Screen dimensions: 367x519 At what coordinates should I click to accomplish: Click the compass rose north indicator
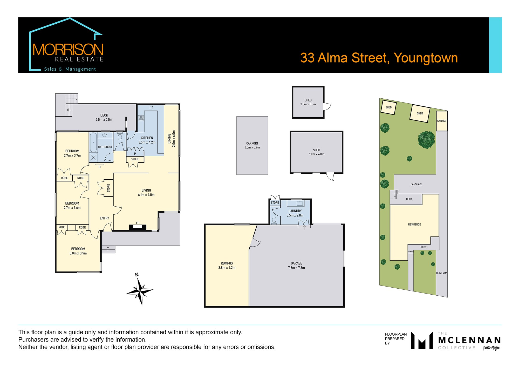point(137,275)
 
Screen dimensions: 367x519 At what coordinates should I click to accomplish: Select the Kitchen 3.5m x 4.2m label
point(147,140)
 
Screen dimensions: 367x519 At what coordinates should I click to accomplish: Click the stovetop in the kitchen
point(141,118)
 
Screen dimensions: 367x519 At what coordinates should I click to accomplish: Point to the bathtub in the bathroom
point(93,142)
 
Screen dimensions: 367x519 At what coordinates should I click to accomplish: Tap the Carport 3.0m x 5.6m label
point(252,145)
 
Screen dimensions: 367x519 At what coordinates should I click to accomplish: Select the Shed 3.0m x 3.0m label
point(308,102)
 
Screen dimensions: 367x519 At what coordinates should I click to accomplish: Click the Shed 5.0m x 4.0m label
point(316,152)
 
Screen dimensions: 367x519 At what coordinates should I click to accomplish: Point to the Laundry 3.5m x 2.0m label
point(295,213)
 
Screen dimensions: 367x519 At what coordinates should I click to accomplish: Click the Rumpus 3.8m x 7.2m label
point(227,266)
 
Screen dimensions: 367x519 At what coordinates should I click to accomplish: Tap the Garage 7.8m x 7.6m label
point(296,266)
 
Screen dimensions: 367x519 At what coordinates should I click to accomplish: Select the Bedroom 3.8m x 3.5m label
point(78,251)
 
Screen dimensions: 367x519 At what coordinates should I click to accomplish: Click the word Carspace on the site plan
point(416,184)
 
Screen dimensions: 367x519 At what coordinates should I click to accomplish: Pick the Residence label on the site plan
point(414,225)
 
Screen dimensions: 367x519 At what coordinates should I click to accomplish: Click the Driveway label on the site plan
point(442,273)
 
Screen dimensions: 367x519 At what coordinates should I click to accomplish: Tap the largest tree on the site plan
point(426,140)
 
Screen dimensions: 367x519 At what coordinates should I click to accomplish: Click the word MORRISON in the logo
point(68,50)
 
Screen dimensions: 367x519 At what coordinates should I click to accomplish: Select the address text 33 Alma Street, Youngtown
point(379,58)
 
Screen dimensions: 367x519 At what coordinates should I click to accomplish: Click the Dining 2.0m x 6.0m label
point(172,139)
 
